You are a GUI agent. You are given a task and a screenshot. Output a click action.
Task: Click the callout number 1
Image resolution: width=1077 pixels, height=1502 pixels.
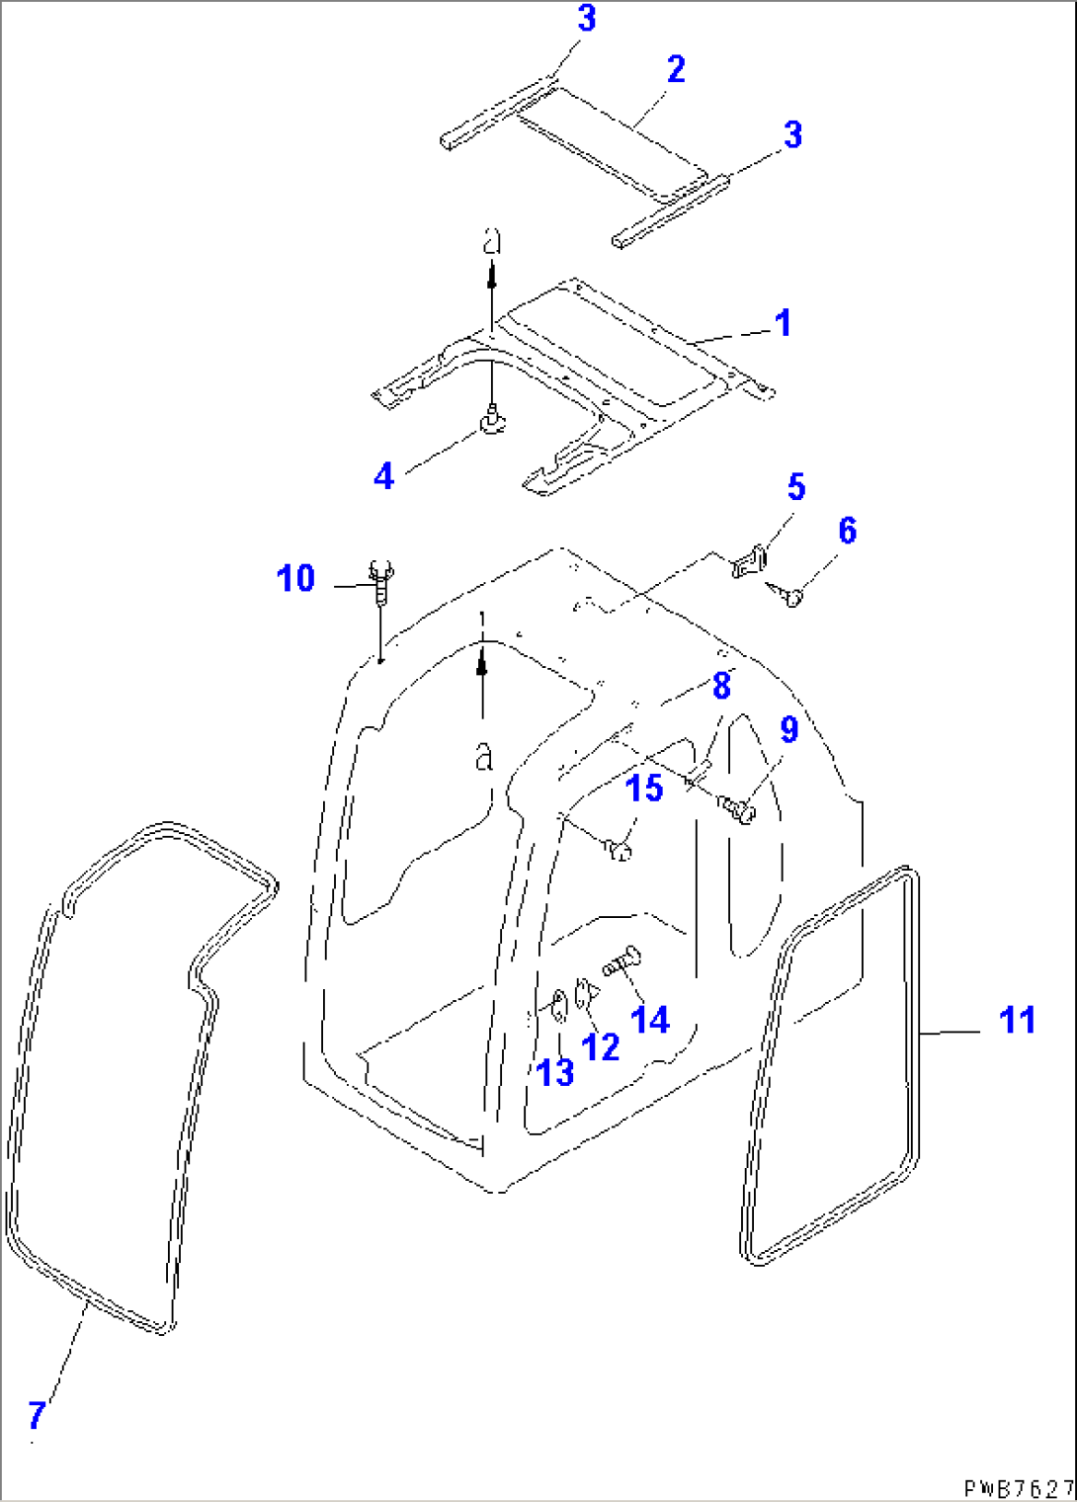(x=784, y=323)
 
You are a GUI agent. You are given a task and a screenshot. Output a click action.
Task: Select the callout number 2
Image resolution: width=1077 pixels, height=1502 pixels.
(x=676, y=70)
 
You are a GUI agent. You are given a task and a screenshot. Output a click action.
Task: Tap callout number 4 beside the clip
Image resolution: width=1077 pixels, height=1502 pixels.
(x=383, y=476)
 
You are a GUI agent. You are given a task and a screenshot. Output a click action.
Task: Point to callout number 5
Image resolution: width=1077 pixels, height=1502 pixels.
(x=796, y=487)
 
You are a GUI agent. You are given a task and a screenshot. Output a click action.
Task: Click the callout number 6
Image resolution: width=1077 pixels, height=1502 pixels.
(x=848, y=531)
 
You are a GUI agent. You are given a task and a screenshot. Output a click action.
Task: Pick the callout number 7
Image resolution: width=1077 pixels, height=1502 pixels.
(x=37, y=1415)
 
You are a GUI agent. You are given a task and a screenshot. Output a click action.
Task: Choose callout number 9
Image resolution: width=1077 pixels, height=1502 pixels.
(x=789, y=729)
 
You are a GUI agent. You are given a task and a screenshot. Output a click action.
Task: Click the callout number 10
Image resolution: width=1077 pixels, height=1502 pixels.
(x=295, y=578)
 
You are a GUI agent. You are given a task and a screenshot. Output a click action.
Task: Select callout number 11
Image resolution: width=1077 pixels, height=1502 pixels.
(x=1018, y=1020)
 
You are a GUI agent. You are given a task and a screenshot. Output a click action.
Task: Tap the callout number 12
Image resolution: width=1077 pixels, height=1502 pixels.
(x=600, y=1046)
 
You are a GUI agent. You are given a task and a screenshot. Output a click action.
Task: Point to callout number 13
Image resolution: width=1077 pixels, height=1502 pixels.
(x=555, y=1072)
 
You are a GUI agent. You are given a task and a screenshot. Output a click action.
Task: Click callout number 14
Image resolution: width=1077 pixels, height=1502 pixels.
(x=650, y=1020)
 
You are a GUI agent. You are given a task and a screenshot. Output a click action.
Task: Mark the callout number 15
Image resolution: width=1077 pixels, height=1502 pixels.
(x=644, y=789)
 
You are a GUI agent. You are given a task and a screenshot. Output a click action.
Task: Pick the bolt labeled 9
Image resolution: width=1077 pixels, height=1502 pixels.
(x=737, y=808)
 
